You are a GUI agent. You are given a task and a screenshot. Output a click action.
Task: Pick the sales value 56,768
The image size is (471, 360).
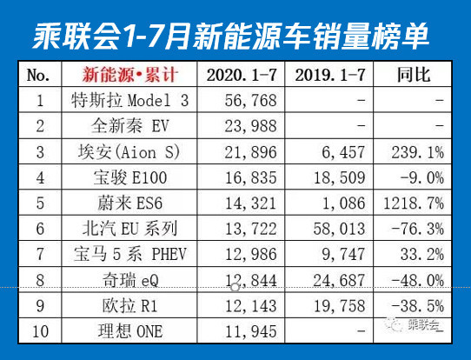pyautogui.click(x=242, y=100)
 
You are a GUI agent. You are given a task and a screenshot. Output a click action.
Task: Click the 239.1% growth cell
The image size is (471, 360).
pyautogui.click(x=419, y=153)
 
